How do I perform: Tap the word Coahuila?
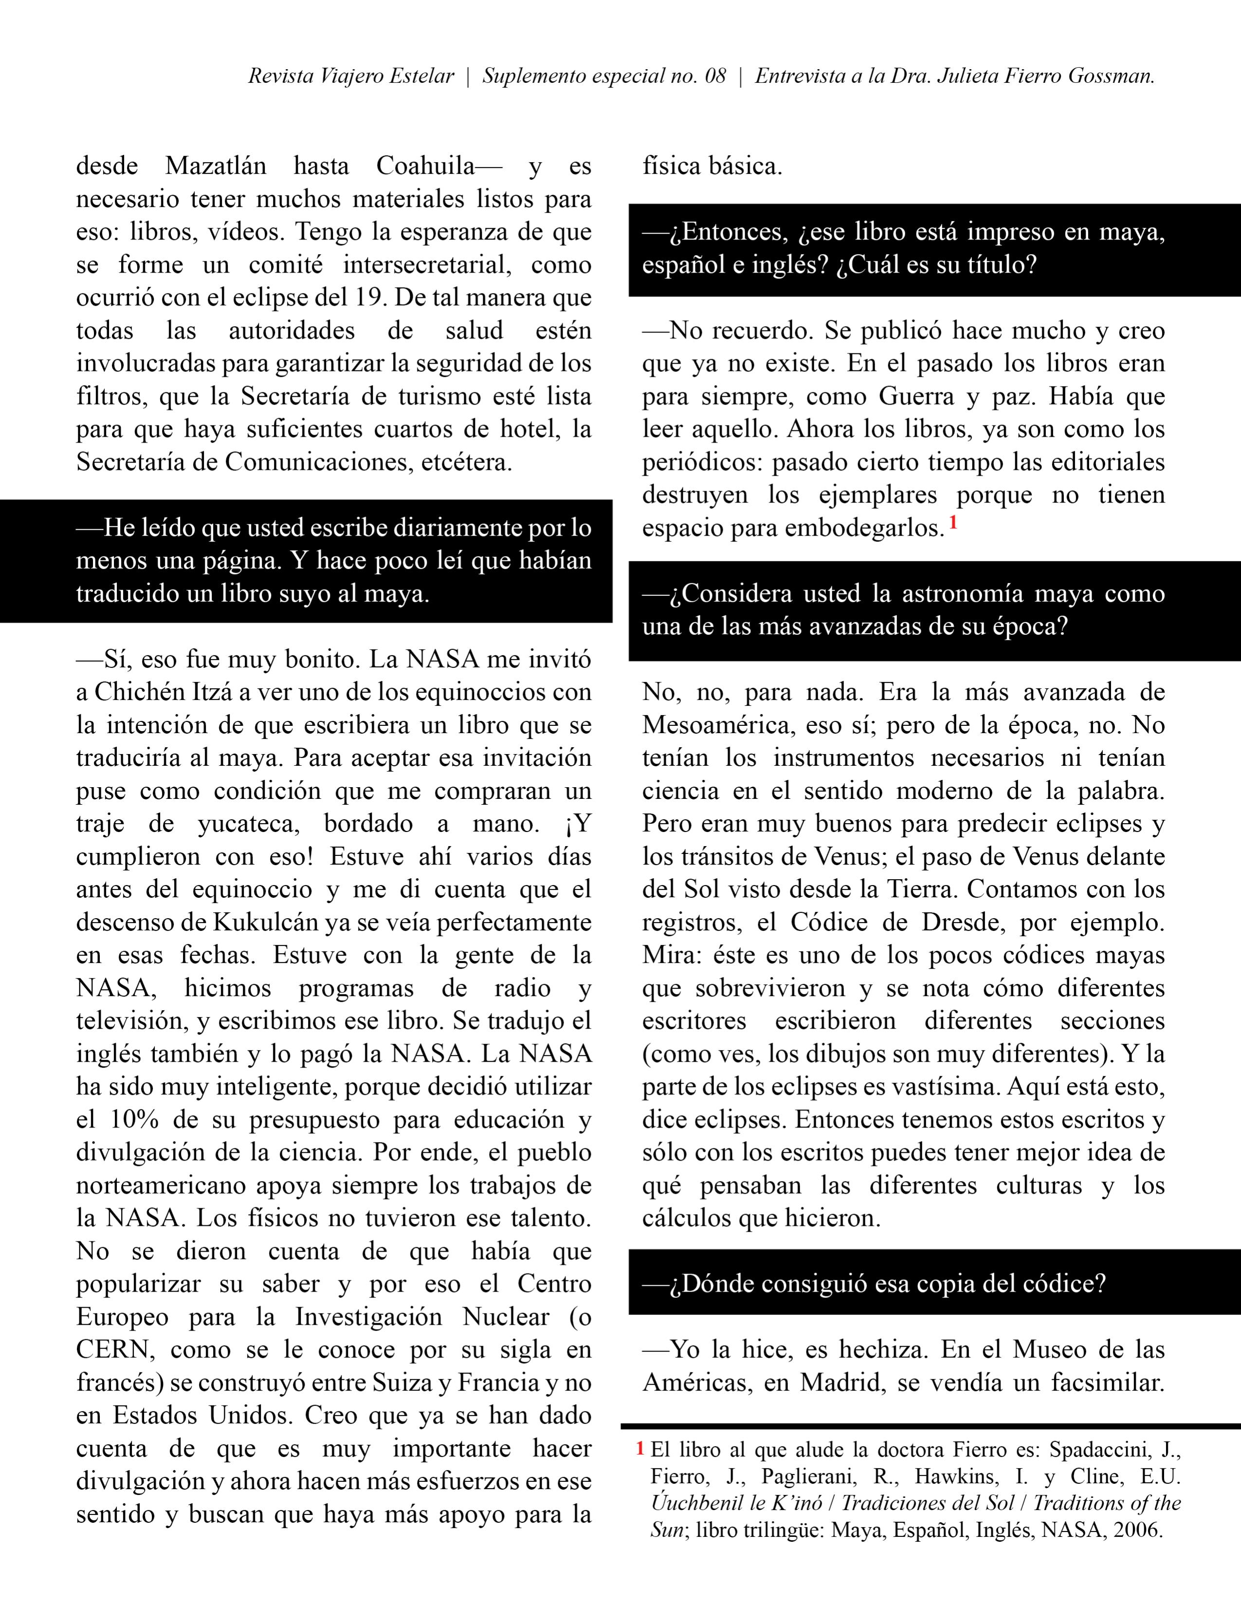426,166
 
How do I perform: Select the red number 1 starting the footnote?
640,1449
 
